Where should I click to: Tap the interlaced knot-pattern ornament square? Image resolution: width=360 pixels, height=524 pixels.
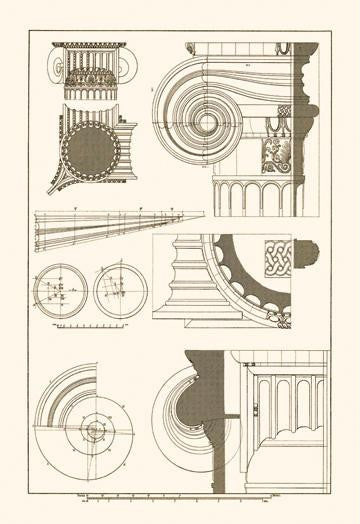click(x=279, y=255)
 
